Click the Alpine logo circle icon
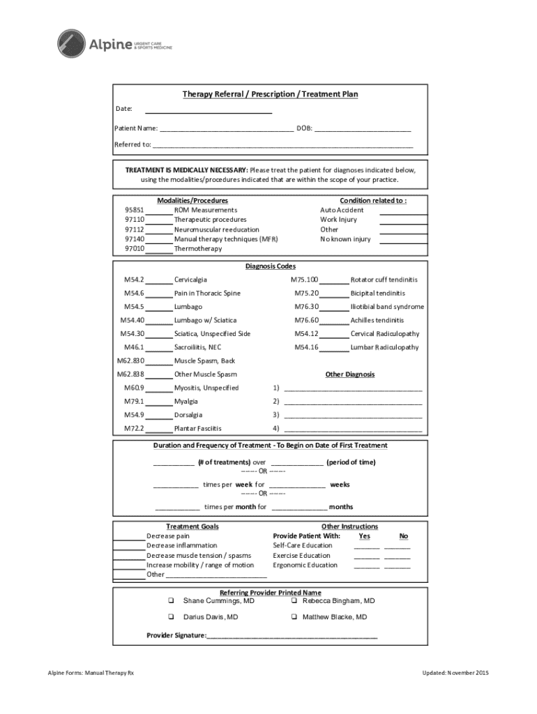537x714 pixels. tap(70, 43)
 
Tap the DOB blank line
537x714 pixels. tap(362, 130)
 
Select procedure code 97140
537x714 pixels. tap(135, 239)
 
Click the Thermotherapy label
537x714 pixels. tap(198, 249)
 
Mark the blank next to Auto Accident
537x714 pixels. tap(403, 211)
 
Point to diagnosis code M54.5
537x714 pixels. tap(134, 307)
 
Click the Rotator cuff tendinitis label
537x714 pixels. tap(384, 280)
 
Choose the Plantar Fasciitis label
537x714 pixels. tap(198, 429)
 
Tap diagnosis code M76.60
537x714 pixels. tap(306, 321)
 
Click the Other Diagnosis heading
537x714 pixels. tap(350, 374)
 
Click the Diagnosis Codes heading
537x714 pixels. tap(270, 266)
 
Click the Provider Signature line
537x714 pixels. tap(292, 637)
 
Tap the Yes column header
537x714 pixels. tap(364, 536)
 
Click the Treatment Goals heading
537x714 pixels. tap(192, 526)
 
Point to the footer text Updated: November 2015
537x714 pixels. tap(455, 673)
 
